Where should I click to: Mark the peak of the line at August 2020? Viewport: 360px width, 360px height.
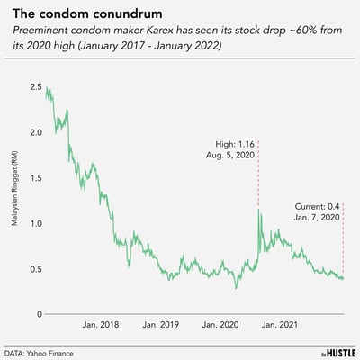[x=259, y=210]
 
